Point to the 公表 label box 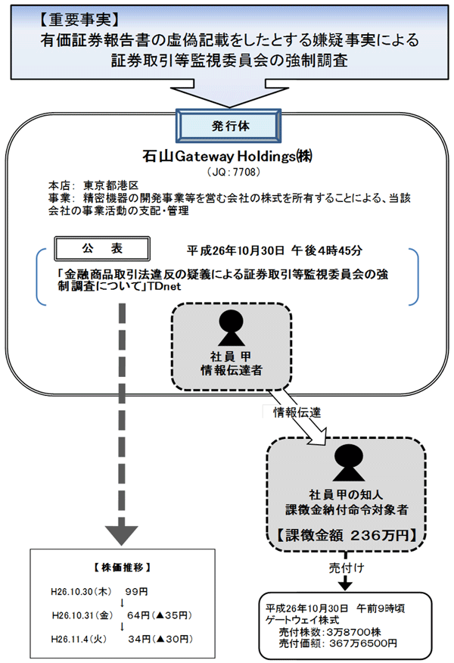click(101, 247)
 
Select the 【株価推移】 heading click(117, 566)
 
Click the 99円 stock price click(135, 590)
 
